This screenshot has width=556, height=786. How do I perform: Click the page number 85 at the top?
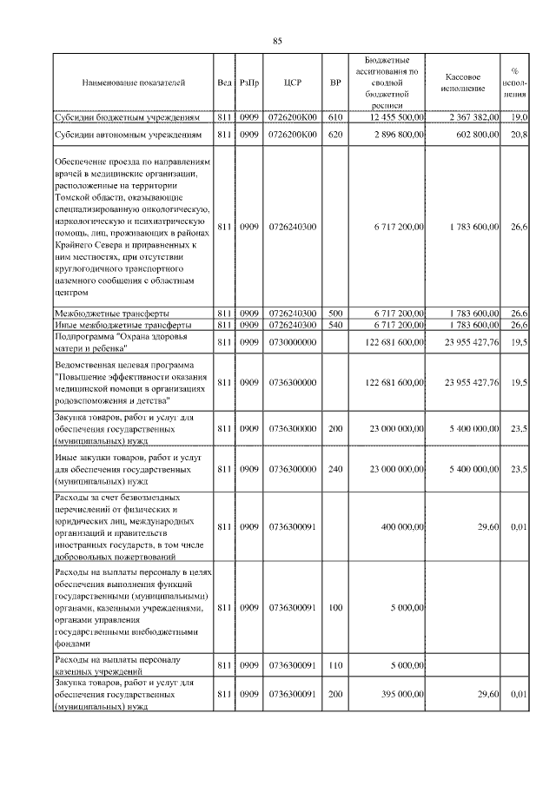click(278, 41)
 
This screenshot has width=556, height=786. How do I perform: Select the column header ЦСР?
click(292, 83)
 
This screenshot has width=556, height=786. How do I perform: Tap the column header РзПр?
click(249, 83)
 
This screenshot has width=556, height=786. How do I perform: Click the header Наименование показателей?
click(133, 83)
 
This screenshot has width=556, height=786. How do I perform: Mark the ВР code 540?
click(336, 325)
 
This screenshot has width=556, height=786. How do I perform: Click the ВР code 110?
click(336, 665)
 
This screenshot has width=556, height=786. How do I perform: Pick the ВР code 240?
click(336, 469)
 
